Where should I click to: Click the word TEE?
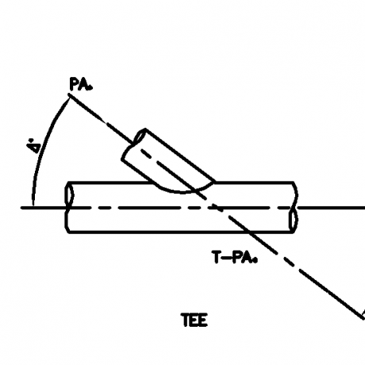click(194, 321)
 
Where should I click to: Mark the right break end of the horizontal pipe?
click(294, 207)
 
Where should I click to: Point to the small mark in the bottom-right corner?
click(362, 311)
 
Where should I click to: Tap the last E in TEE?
click(203, 321)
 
